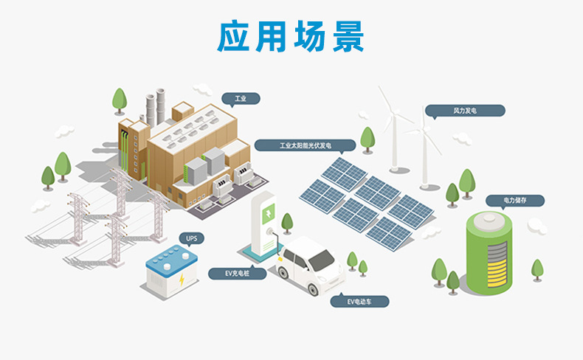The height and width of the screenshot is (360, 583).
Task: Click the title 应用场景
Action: point(291,35)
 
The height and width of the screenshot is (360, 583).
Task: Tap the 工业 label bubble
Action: point(241,97)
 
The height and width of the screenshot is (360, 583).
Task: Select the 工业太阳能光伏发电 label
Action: point(304,145)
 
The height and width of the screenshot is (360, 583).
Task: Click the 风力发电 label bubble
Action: point(466,111)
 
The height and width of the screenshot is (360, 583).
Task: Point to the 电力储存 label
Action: point(514,200)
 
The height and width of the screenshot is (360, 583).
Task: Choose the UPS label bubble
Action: point(192,238)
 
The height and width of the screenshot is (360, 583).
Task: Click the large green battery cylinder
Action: point(489,251)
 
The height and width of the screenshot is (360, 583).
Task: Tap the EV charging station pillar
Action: point(266,221)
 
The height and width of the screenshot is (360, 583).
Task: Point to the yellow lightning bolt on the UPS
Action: point(182,280)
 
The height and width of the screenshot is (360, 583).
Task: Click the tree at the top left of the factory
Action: point(119,100)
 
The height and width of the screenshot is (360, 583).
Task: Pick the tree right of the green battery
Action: point(537,269)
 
